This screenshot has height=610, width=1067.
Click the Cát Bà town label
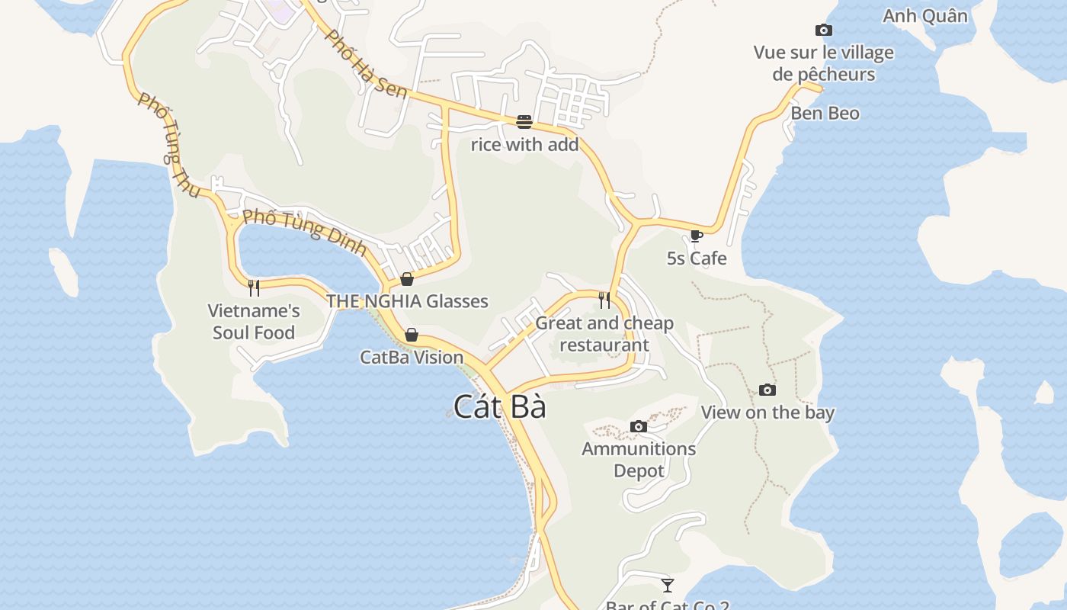coord(500,406)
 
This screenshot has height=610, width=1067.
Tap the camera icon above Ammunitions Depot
coord(639,426)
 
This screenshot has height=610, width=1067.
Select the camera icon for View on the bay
coord(767,390)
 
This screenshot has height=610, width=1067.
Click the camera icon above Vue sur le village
coord(823,30)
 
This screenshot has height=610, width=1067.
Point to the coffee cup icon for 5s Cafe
coord(696,236)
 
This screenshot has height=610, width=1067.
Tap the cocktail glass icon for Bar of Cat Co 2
coord(668,586)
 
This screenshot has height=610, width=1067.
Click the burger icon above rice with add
coord(524,122)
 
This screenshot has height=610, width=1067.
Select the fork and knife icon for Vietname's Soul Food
coord(254,287)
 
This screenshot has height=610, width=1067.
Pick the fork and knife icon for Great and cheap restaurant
coord(604,300)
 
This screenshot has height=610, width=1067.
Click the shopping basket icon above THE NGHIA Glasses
coord(407,279)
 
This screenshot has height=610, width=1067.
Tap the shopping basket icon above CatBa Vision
coord(412,335)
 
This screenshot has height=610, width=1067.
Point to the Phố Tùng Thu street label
coord(168,145)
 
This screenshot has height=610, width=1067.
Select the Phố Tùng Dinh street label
coord(305,232)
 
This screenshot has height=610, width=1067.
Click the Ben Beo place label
coord(825,114)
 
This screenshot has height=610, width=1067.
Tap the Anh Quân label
coord(924,16)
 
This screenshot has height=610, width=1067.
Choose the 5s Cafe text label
coord(697,258)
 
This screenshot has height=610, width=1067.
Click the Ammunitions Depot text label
coord(639,460)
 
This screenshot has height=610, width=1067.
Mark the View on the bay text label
coord(767,413)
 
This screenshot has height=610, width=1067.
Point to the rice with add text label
coord(524,144)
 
